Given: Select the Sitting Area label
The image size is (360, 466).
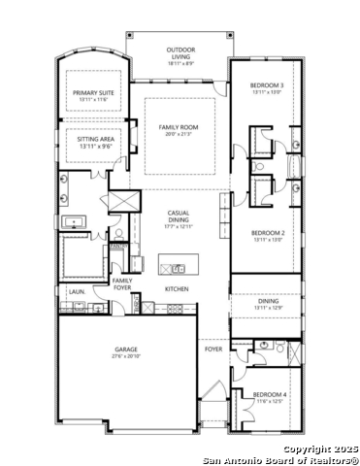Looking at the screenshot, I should [x=93, y=139].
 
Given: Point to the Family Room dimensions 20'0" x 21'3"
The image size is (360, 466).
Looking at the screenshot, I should [x=180, y=134].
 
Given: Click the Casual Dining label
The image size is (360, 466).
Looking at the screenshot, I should [x=180, y=213].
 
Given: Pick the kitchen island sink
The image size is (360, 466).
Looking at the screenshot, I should [x=178, y=269].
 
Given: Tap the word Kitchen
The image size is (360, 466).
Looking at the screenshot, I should [x=176, y=289].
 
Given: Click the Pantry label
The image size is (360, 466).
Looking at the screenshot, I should [x=117, y=247].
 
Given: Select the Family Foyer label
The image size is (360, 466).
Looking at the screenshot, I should [x=122, y=284].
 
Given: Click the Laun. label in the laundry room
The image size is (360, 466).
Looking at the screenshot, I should [x=76, y=290].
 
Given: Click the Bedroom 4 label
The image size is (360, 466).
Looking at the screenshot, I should [x=268, y=394].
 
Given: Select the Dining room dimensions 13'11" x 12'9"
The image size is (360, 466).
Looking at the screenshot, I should [x=267, y=308].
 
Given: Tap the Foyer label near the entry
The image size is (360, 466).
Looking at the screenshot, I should [x=213, y=348].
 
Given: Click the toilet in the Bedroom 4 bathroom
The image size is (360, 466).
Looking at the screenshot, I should [x=264, y=346].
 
